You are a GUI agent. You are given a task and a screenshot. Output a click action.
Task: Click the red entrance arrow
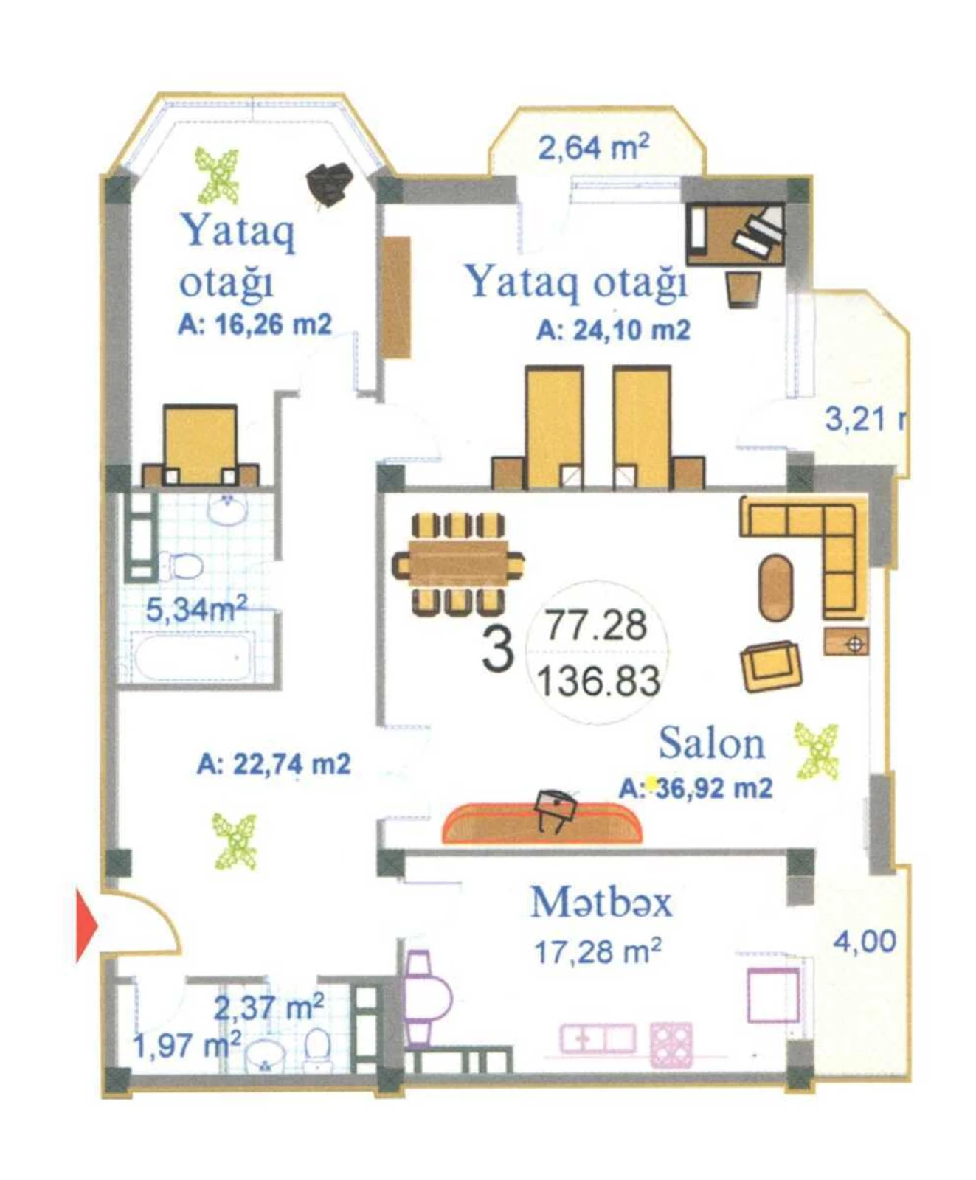click(86, 925)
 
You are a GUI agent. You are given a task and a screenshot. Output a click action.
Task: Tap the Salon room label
click(711, 743)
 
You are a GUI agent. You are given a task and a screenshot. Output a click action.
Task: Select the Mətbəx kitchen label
click(601, 902)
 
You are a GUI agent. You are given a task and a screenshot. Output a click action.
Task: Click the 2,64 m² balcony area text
click(593, 147)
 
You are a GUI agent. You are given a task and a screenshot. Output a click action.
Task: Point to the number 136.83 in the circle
click(598, 681)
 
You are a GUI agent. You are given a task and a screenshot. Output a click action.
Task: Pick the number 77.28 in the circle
click(596, 625)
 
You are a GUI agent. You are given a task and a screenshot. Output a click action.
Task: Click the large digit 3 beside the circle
click(497, 649)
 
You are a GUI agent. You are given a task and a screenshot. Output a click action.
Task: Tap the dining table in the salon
click(458, 564)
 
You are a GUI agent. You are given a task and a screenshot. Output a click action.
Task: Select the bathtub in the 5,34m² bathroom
click(192, 658)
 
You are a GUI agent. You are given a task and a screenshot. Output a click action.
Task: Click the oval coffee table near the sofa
click(775, 588)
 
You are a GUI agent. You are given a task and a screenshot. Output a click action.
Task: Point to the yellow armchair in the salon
click(771, 666)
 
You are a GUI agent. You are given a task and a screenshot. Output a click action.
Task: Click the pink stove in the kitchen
click(671, 1044)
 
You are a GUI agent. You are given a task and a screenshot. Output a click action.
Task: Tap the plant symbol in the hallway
click(235, 840)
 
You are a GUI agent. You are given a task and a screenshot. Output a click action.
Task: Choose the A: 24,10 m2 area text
click(613, 330)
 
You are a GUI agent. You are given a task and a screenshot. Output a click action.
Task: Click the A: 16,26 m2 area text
click(255, 324)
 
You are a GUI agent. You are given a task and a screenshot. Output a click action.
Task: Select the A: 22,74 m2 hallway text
click(274, 764)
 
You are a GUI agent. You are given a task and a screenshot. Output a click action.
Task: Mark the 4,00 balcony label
click(865, 941)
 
